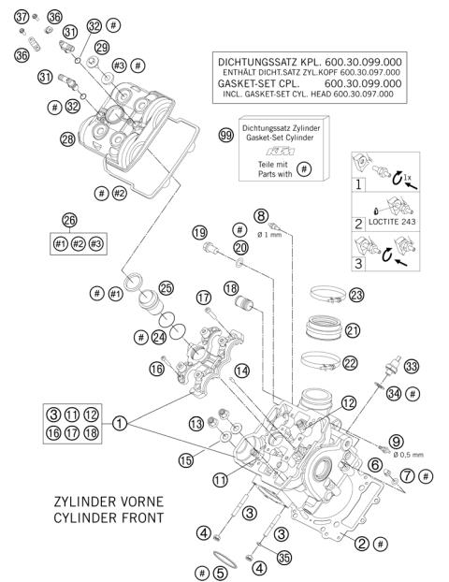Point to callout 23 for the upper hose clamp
[x=355, y=295]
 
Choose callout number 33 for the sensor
[x=410, y=366]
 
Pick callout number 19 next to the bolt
[x=199, y=232]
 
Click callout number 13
[x=196, y=423]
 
